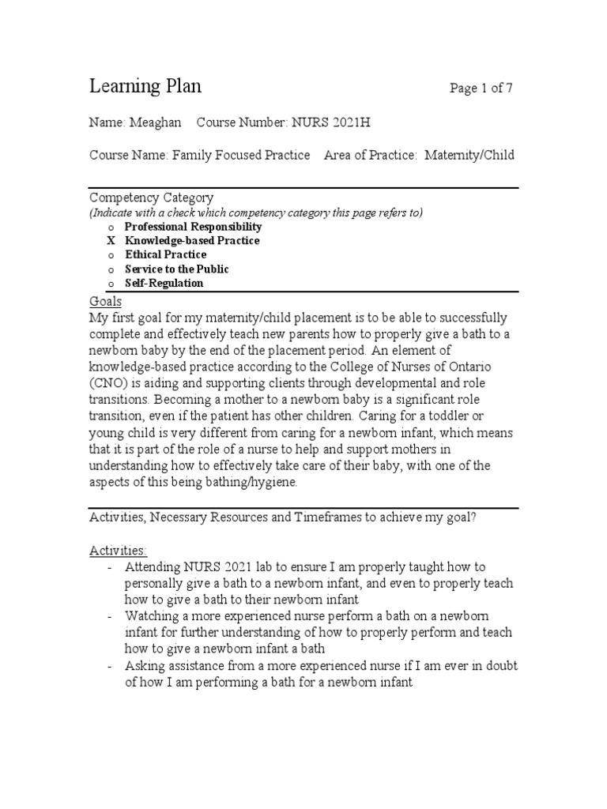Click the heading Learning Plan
coord(145,86)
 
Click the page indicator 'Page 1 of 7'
coord(481,88)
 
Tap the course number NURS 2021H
coord(331,122)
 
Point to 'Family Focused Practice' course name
coord(241,155)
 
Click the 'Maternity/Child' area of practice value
coord(469,155)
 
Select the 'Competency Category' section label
coord(151,198)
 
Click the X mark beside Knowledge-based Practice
coord(111,240)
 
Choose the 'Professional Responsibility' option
coord(194,227)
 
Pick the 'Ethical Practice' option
coord(166,254)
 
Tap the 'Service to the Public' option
coord(177,269)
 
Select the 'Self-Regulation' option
coord(164,283)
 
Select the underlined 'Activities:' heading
coord(118,550)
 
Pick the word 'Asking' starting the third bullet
coord(143,665)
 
